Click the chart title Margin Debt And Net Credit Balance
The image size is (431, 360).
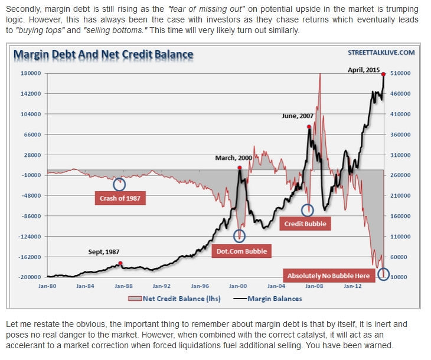point(103,55)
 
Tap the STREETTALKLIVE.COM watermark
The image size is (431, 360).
point(381,53)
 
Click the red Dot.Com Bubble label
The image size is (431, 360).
point(240,251)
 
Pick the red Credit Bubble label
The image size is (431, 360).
point(305,224)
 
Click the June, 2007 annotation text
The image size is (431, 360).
point(298,116)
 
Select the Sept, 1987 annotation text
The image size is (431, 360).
point(105,252)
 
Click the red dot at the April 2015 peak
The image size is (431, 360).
point(384,74)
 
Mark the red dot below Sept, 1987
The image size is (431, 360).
point(120,263)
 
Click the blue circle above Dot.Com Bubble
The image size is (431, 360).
point(239,236)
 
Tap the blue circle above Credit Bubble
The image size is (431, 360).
point(308,210)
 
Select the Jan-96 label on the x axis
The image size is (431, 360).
point(200,286)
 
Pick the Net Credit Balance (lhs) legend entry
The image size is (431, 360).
point(175,299)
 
